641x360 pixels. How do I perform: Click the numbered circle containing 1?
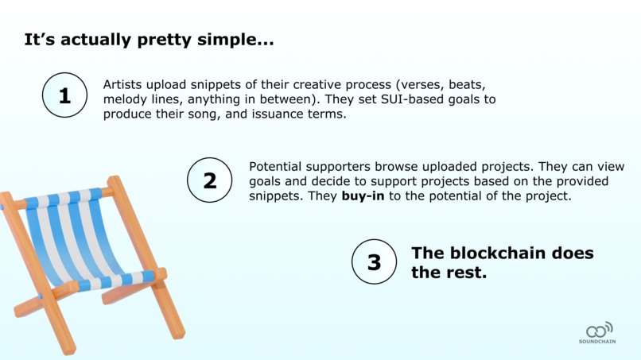[x=64, y=95]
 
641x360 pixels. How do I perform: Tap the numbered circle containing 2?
[x=210, y=180]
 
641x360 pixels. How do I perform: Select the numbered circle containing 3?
[x=374, y=261]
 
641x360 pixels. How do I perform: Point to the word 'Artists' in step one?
[x=124, y=83]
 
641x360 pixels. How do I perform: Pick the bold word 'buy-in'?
[x=363, y=196]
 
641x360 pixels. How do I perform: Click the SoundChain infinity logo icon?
[x=599, y=329]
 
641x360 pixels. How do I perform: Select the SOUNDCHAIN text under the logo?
[x=597, y=342]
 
